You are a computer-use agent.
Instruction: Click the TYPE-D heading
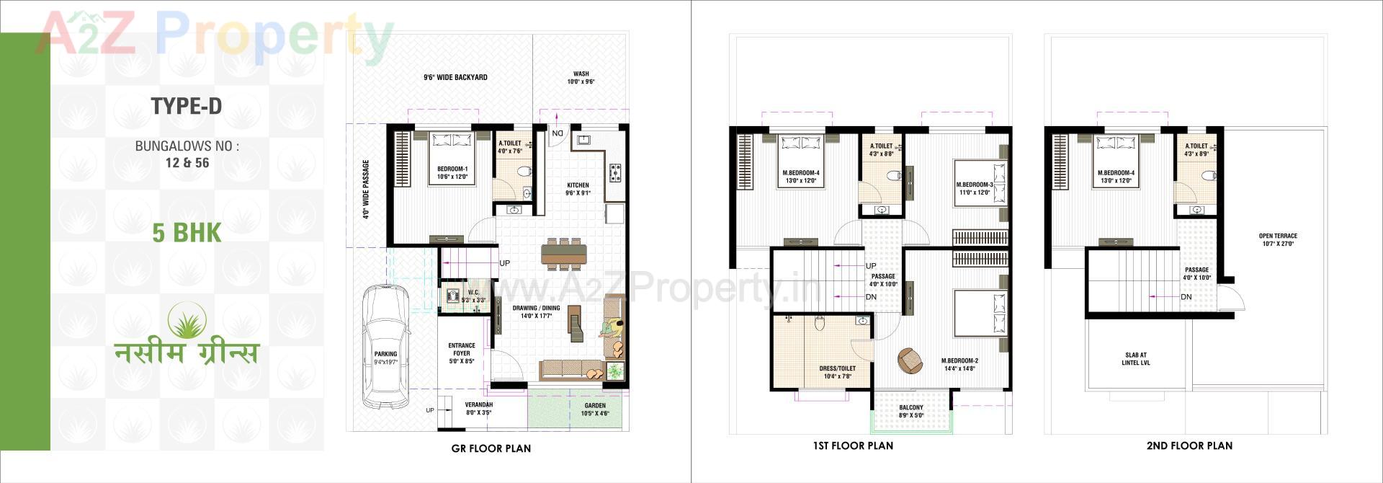(x=187, y=107)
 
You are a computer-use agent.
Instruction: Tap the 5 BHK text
(x=187, y=233)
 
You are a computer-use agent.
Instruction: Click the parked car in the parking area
(x=385, y=346)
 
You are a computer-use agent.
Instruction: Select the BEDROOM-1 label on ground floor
(x=452, y=172)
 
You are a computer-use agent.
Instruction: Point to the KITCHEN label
(x=578, y=189)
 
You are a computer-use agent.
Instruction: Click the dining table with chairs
(x=564, y=254)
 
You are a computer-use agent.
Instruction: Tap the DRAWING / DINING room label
(x=536, y=311)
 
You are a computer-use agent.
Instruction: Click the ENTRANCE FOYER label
(x=462, y=353)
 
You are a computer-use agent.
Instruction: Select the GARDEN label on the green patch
(x=595, y=409)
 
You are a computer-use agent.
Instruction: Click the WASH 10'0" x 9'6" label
(x=581, y=78)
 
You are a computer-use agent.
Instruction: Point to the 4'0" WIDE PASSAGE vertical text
(x=366, y=189)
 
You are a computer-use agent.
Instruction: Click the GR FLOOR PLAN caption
(x=491, y=448)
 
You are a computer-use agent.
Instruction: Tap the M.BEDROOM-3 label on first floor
(x=975, y=188)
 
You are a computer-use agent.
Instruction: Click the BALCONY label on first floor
(x=911, y=411)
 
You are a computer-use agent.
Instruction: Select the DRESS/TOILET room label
(x=837, y=372)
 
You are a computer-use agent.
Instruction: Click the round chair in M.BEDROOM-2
(x=910, y=360)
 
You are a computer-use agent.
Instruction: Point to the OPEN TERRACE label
(x=1278, y=239)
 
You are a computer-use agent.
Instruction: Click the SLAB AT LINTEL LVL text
(x=1136, y=358)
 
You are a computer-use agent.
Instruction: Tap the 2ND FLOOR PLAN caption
(x=1189, y=446)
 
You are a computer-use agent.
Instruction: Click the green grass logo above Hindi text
(x=187, y=320)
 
